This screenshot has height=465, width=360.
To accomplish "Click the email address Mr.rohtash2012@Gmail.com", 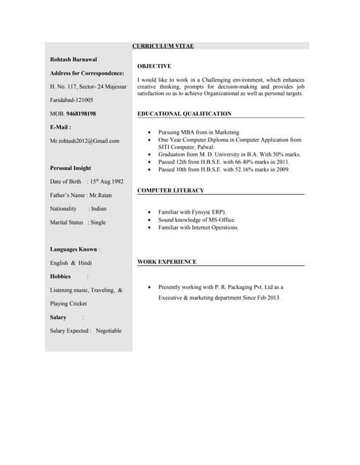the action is coord(84,140).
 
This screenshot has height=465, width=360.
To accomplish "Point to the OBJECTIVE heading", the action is coord(154,66).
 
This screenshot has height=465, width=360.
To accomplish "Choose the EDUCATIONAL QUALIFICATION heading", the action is coord(184,113).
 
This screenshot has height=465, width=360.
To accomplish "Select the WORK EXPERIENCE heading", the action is coord(167,261).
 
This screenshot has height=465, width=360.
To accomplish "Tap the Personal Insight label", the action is coord(71,168).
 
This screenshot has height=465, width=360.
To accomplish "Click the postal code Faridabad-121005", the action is coord(71,100).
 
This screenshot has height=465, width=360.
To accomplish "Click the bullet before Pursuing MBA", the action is coord(149,133).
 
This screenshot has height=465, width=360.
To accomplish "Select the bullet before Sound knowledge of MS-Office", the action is coord(149,219).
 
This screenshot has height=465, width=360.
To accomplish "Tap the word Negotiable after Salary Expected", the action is coord(109,331).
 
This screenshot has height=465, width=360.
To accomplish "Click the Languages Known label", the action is coord(73,249).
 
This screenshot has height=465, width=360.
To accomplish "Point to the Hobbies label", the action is coord(60,277).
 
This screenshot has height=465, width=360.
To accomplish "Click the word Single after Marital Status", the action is coord(97,222).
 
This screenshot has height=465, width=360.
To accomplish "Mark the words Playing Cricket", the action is coord(68,304).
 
